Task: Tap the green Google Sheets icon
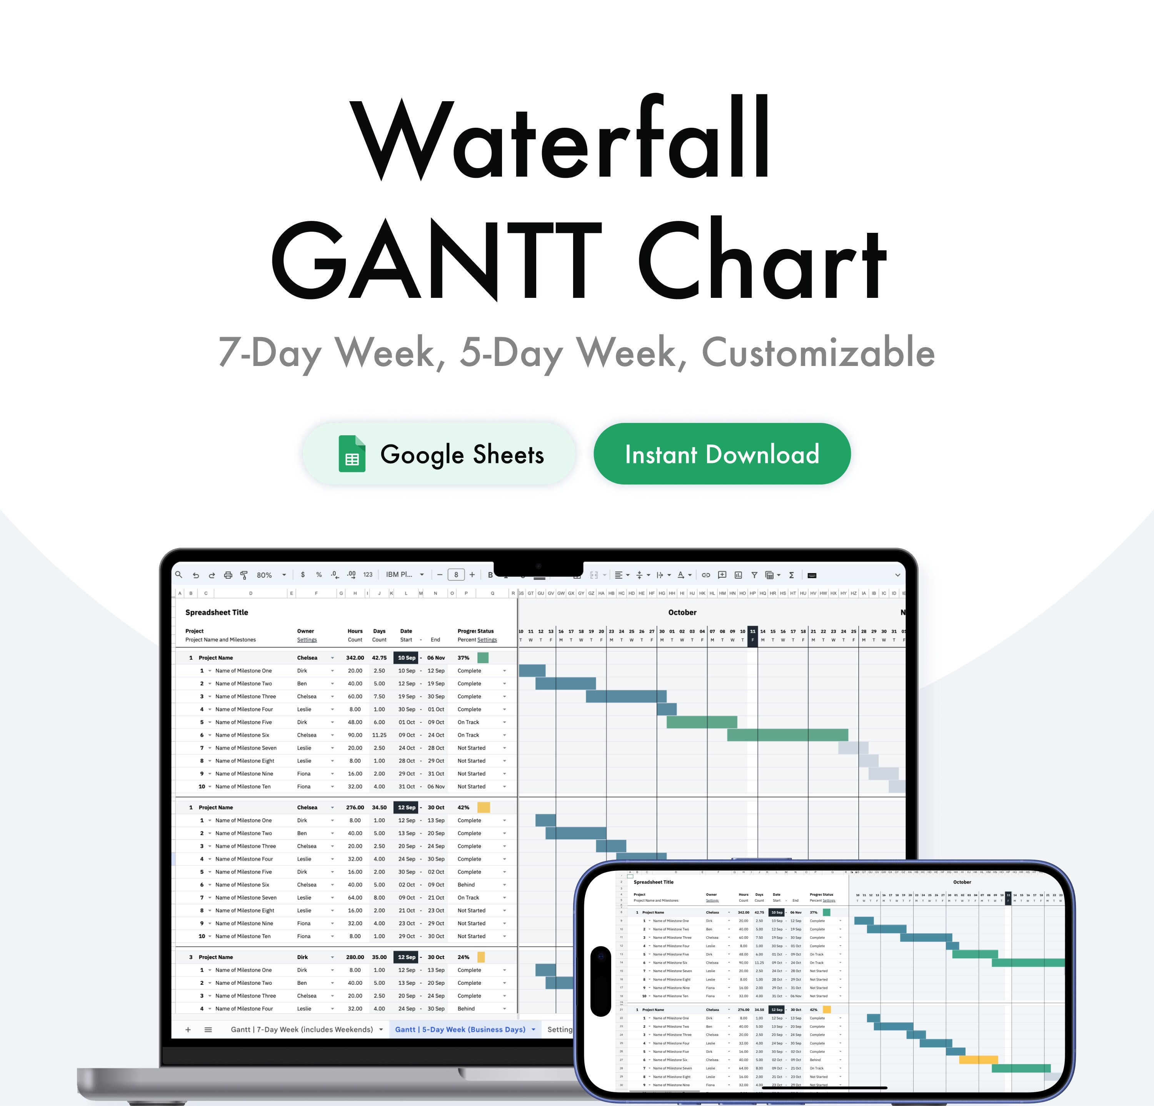click(352, 454)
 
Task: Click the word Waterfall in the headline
click(559, 139)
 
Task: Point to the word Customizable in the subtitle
click(819, 353)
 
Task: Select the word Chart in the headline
click(762, 259)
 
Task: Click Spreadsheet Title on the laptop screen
click(217, 613)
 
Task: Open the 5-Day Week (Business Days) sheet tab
click(460, 1029)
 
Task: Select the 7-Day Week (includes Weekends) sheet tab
click(302, 1029)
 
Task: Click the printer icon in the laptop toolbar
click(228, 575)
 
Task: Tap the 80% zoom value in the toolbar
click(264, 575)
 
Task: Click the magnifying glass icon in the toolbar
click(179, 575)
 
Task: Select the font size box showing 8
click(456, 575)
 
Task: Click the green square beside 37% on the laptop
click(483, 658)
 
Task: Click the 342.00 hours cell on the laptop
click(355, 658)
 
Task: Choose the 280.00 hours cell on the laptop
click(355, 957)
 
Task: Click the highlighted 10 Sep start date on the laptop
click(406, 658)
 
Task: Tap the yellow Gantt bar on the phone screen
click(978, 1059)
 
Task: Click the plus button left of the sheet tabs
click(188, 1029)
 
